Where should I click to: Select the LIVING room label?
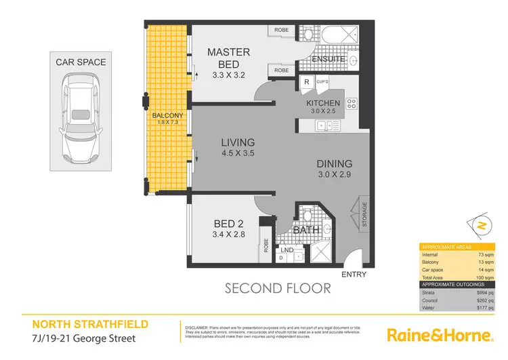[237, 142]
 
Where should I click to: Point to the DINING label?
[334, 163]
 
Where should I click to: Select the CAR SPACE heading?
[81, 62]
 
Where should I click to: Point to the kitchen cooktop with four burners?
[352, 103]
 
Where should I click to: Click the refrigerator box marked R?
[306, 82]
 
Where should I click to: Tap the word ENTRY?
[354, 274]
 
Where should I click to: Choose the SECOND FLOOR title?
[278, 289]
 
